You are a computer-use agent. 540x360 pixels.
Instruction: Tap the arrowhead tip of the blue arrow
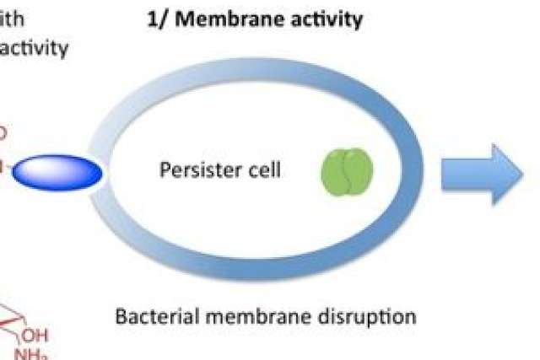tap(521, 173)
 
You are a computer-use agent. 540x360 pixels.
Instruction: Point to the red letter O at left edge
tap(3, 132)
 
